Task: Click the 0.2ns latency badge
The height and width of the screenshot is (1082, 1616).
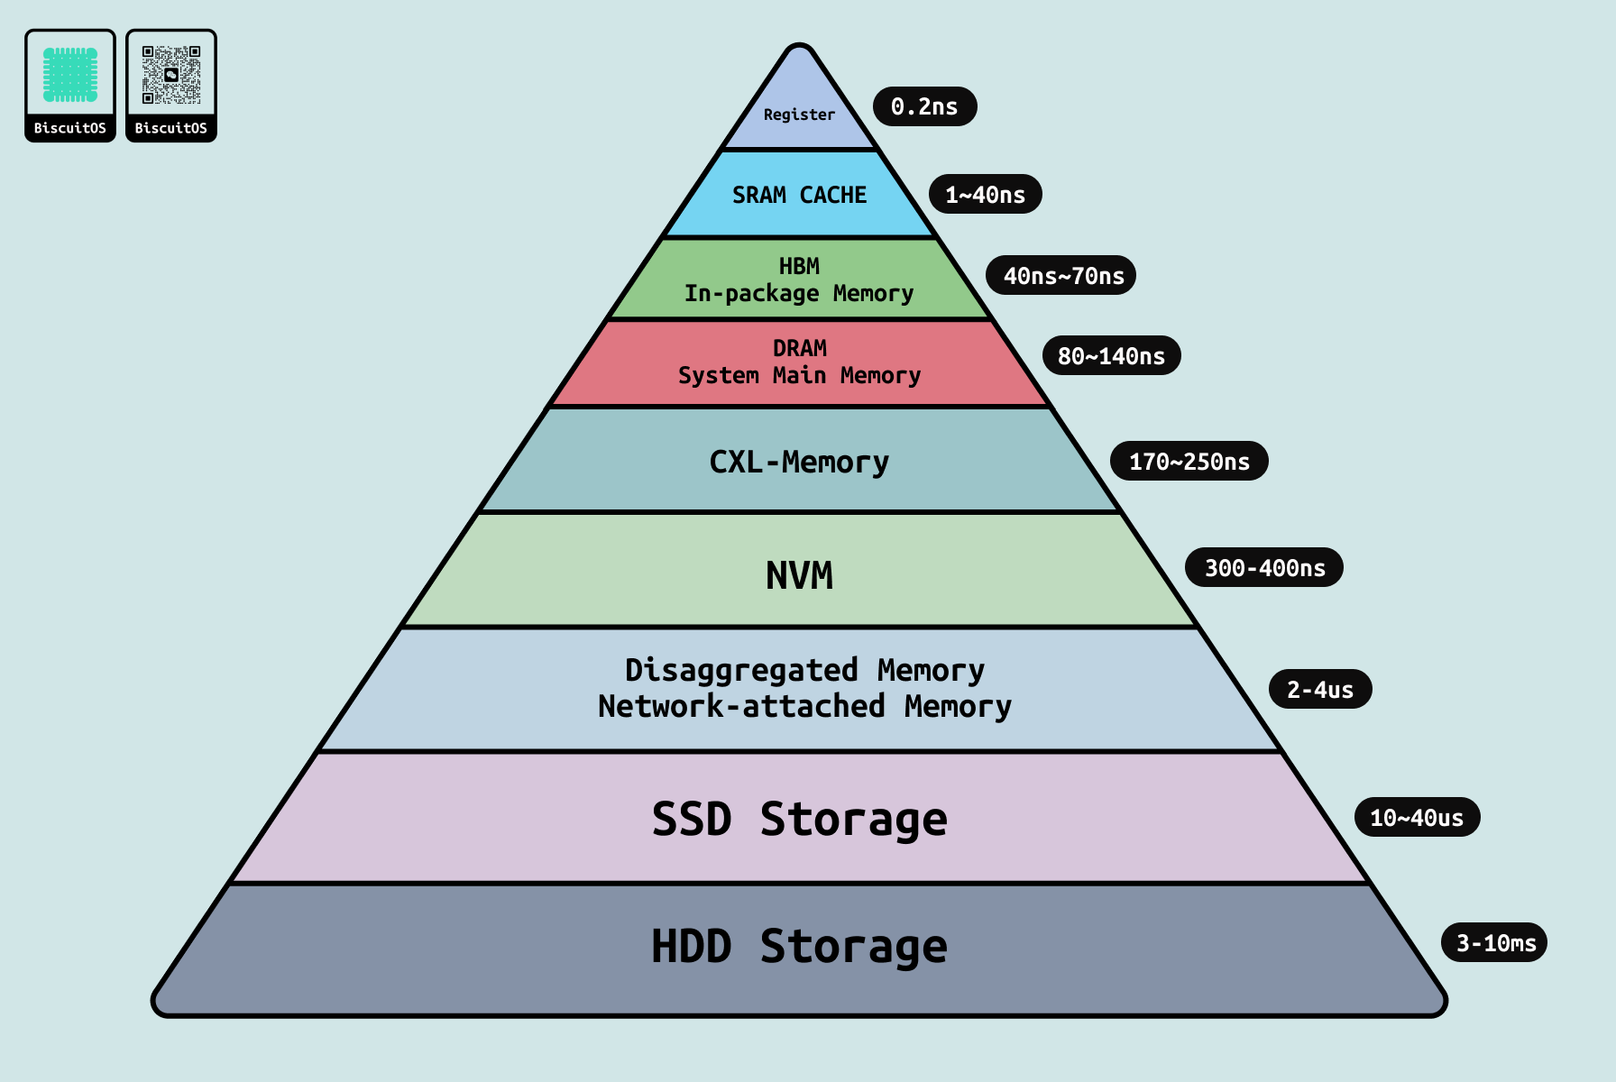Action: click(924, 106)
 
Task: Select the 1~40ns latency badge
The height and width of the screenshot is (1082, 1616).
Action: click(985, 195)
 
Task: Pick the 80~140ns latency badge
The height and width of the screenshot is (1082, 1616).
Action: click(1111, 356)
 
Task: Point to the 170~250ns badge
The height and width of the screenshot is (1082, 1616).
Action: click(1189, 462)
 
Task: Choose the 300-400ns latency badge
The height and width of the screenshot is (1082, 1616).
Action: click(1264, 568)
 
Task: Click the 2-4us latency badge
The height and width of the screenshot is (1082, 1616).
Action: click(1319, 690)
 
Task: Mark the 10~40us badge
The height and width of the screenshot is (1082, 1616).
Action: click(1416, 818)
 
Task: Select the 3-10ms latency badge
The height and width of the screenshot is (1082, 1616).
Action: click(1495, 943)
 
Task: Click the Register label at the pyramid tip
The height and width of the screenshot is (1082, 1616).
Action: click(799, 115)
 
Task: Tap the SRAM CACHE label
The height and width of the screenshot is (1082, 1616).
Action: click(799, 195)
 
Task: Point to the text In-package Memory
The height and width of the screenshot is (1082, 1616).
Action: click(799, 293)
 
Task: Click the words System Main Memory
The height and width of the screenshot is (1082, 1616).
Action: click(799, 375)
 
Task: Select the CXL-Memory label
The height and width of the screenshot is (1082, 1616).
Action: click(799, 462)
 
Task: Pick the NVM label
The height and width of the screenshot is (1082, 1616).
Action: click(799, 575)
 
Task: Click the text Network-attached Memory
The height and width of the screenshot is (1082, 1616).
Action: click(804, 706)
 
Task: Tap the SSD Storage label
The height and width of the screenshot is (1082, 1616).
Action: click(799, 820)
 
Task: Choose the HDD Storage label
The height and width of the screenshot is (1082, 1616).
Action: click(799, 947)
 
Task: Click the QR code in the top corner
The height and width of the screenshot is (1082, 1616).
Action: click(171, 75)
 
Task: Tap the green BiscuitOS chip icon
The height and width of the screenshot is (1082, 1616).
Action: click(70, 75)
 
